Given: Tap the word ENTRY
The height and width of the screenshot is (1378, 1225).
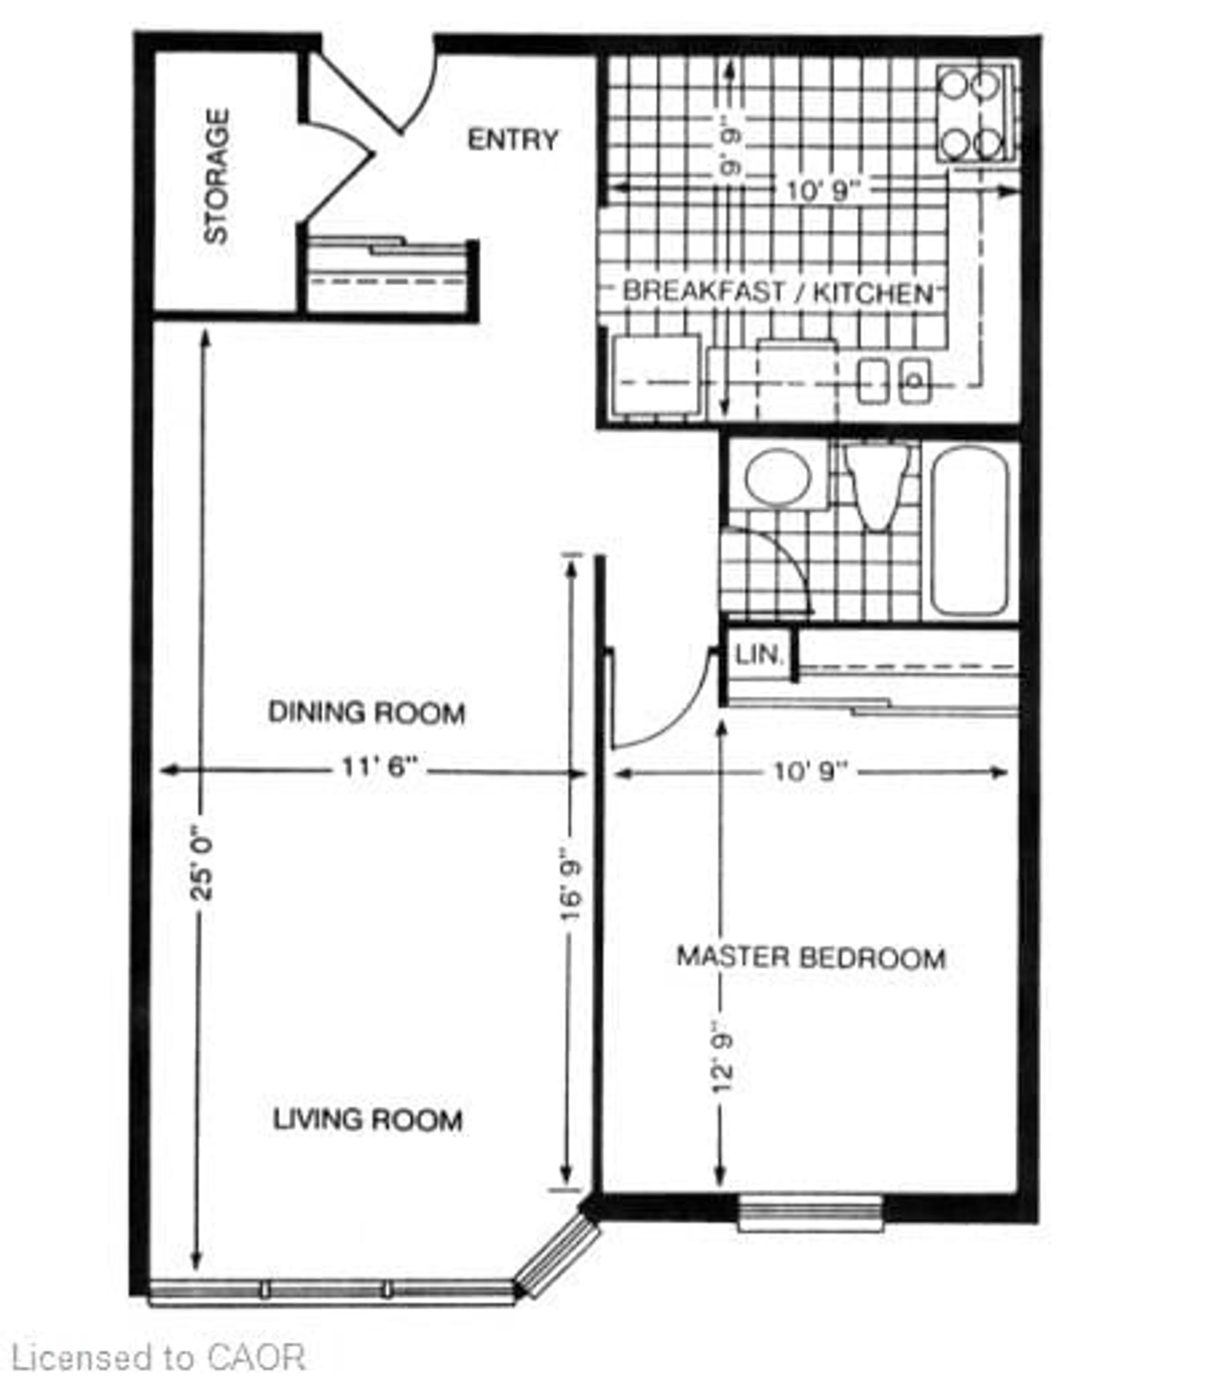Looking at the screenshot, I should coord(513,140).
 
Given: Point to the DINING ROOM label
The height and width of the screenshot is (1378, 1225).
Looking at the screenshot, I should coord(367,712).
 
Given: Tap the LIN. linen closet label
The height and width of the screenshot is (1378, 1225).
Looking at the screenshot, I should coord(759,654).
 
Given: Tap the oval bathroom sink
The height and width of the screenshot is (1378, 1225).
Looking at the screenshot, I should coord(777,476).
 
